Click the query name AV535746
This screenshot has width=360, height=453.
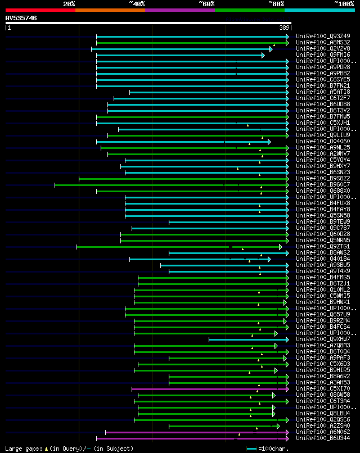21,18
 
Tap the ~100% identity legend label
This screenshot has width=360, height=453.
344,4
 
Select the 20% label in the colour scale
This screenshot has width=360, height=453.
69,4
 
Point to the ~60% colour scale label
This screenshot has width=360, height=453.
206,4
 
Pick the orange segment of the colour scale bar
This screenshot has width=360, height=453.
110,10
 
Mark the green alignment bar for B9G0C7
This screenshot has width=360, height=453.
169,185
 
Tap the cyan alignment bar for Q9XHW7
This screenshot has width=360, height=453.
247,339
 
